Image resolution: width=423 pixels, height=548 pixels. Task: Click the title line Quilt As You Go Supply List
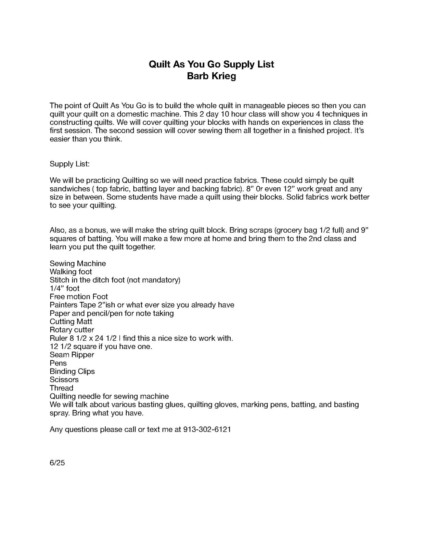point(211,64)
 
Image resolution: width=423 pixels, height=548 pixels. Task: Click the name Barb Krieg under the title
point(211,76)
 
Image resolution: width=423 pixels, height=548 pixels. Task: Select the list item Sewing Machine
point(78,263)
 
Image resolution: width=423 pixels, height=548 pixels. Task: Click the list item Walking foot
point(71,272)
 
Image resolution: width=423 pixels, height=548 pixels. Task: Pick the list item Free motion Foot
point(79,297)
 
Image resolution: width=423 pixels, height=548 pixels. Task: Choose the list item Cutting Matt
point(71,322)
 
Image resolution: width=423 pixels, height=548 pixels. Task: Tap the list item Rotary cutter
point(72,330)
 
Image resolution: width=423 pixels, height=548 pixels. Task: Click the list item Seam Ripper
point(72,355)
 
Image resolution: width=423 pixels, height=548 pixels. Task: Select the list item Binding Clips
point(72,371)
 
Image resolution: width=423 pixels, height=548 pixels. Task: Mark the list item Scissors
point(64,379)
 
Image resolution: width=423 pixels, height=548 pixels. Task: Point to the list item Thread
point(62,388)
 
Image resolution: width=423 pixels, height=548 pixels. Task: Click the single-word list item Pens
point(58,363)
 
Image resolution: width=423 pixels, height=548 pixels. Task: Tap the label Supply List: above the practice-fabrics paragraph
point(69,164)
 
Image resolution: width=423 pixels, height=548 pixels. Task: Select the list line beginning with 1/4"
point(64,288)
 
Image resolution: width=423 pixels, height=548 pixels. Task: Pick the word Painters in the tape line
point(64,305)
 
